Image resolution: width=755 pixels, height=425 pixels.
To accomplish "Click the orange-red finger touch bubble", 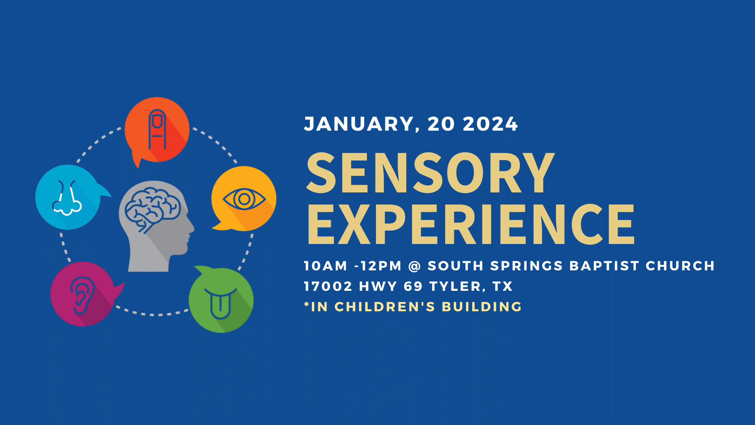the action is [157, 130].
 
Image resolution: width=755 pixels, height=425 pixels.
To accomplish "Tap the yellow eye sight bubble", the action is [244, 198].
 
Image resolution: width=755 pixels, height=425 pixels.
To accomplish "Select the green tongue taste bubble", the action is [221, 300].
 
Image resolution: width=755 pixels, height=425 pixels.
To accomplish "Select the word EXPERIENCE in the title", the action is [471, 224].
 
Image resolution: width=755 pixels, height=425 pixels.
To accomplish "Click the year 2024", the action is [490, 124].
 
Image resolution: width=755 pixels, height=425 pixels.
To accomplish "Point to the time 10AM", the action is [326, 266].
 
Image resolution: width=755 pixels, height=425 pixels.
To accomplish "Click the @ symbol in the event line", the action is [414, 266].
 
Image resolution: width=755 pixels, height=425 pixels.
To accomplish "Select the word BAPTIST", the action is [604, 266].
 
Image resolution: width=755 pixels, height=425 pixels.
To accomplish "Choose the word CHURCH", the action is [680, 266].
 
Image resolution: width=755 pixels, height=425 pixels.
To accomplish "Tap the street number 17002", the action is [328, 286].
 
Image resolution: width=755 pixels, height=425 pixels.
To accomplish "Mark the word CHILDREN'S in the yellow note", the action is [385, 307].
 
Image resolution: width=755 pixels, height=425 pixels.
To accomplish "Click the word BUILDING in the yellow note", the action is [482, 307].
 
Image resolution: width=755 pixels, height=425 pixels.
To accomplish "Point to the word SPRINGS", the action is [527, 266].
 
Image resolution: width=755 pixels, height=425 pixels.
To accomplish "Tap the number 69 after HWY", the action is [413, 286].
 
